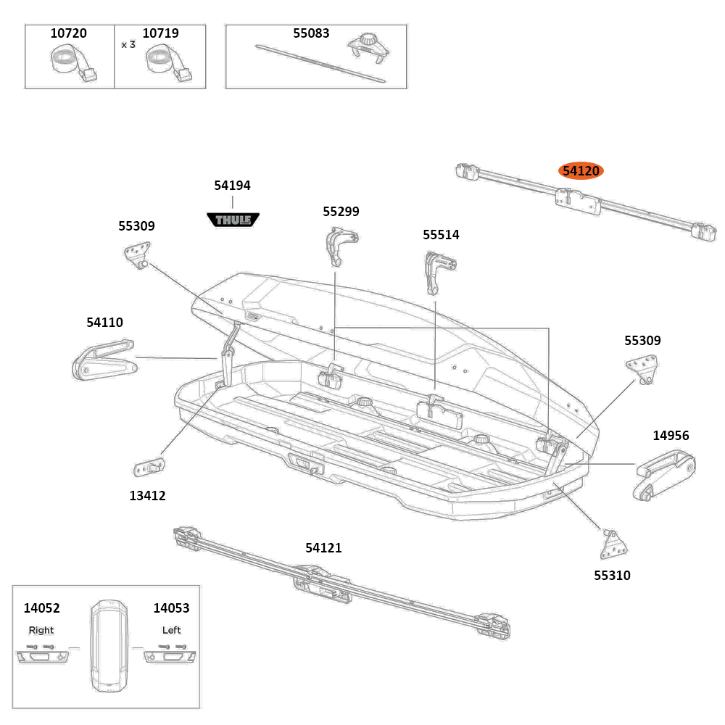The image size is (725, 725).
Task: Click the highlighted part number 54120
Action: click(581, 171)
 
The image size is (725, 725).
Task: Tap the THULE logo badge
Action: click(233, 219)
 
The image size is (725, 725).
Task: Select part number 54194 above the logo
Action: click(232, 186)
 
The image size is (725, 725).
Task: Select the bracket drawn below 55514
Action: click(439, 271)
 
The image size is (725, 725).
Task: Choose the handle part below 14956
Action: click(665, 474)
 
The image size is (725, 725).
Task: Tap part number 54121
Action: click(323, 549)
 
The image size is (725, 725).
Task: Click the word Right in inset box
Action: click(41, 630)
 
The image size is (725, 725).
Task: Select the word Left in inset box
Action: click(172, 630)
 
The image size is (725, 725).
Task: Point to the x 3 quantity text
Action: click(128, 44)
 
